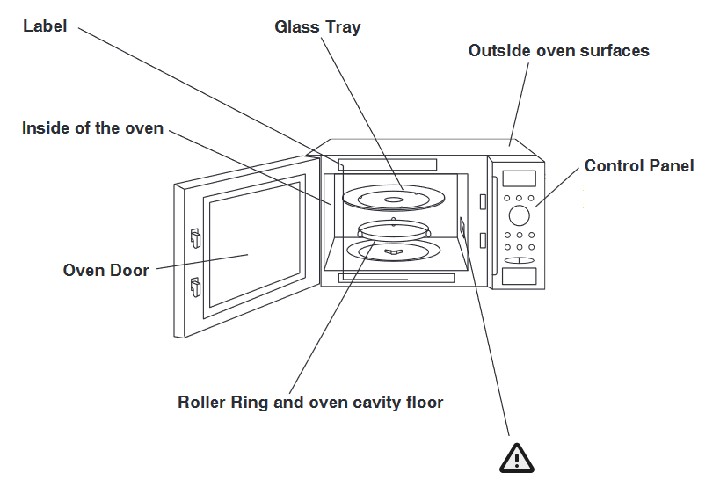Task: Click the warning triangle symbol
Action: (x=516, y=457)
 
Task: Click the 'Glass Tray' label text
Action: (x=317, y=26)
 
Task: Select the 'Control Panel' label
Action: (x=639, y=165)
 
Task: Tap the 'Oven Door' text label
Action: (x=106, y=270)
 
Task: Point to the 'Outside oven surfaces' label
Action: (x=558, y=50)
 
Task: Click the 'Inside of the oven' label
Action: (x=92, y=128)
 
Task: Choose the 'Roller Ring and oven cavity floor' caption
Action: (x=310, y=403)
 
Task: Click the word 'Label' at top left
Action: (x=45, y=26)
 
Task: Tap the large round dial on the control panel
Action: (x=519, y=215)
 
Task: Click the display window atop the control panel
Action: (x=519, y=178)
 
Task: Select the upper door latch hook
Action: (x=195, y=236)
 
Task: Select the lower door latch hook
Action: (x=195, y=286)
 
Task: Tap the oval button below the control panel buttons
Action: (x=519, y=261)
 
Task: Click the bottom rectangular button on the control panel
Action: (x=519, y=277)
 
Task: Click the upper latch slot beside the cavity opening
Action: (x=483, y=202)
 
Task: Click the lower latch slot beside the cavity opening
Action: (x=483, y=240)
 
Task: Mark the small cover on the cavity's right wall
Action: (x=462, y=227)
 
